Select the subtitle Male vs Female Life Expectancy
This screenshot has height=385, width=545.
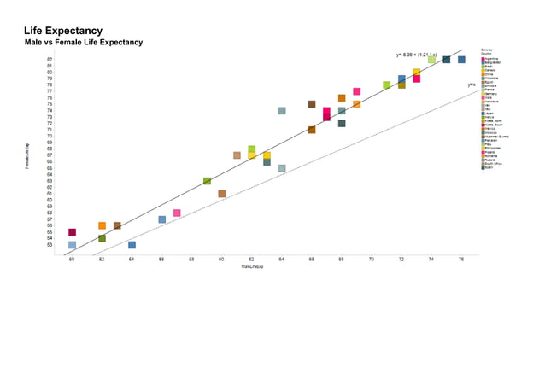[x=83, y=42]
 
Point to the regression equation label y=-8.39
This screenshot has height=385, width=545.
[x=416, y=55]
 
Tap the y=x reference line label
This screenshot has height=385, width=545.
[x=472, y=85]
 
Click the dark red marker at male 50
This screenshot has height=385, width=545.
[x=73, y=232]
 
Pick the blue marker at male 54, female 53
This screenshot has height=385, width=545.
[x=132, y=245]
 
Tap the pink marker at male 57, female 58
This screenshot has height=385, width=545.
[x=177, y=213]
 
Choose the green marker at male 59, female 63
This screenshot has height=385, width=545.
[x=207, y=181]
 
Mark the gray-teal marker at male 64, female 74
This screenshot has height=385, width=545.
[x=282, y=111]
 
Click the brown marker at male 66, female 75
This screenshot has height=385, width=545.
[x=312, y=104]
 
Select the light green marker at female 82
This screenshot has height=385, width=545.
[x=431, y=60]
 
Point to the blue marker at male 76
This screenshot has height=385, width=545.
[x=461, y=60]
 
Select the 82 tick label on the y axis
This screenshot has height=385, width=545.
[x=50, y=60]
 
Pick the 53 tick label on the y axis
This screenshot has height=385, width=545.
[x=50, y=245]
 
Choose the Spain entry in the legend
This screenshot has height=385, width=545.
[x=492, y=167]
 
